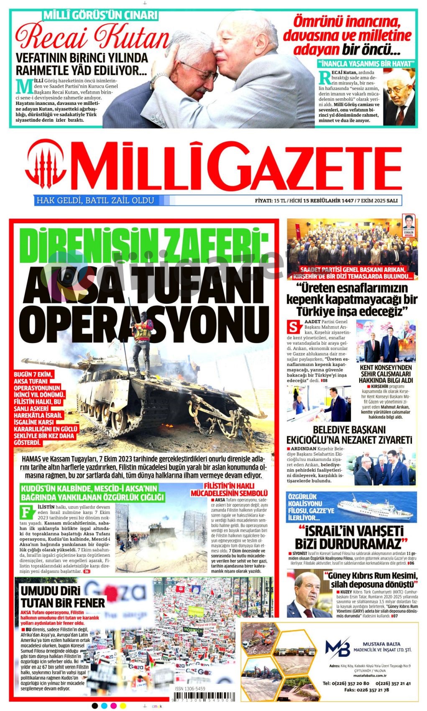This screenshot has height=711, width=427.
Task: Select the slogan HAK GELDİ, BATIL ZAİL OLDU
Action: pyautogui.click(x=95, y=200)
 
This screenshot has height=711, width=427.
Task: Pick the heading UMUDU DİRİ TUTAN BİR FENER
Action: pyautogui.click(x=63, y=597)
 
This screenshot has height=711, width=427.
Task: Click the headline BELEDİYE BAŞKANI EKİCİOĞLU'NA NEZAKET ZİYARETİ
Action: pyautogui.click(x=349, y=435)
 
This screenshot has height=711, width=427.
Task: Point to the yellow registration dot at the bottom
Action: pyautogui.click(x=123, y=706)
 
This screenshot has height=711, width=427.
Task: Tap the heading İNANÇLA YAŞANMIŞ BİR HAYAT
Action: pyautogui.click(x=366, y=64)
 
